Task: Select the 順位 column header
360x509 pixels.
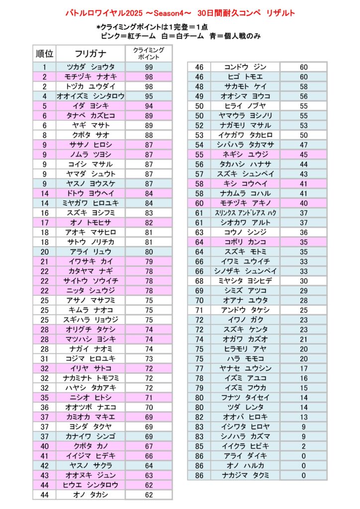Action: [44, 54]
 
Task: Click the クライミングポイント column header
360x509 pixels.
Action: [149, 54]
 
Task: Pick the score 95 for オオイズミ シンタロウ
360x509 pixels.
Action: [149, 96]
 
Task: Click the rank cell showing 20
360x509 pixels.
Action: [44, 252]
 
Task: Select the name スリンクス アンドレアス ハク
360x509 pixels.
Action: [246, 213]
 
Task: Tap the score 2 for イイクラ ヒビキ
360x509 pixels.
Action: [304, 446]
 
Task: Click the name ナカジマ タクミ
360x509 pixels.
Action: [246, 475]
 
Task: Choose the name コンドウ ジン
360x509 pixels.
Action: [246, 67]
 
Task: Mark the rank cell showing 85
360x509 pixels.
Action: [199, 446]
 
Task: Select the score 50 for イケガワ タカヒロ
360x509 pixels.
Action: [304, 135]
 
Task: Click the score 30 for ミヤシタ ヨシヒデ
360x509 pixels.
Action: [304, 281]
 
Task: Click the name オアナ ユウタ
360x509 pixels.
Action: [246, 300]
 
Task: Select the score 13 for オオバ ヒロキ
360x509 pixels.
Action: [304, 417]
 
